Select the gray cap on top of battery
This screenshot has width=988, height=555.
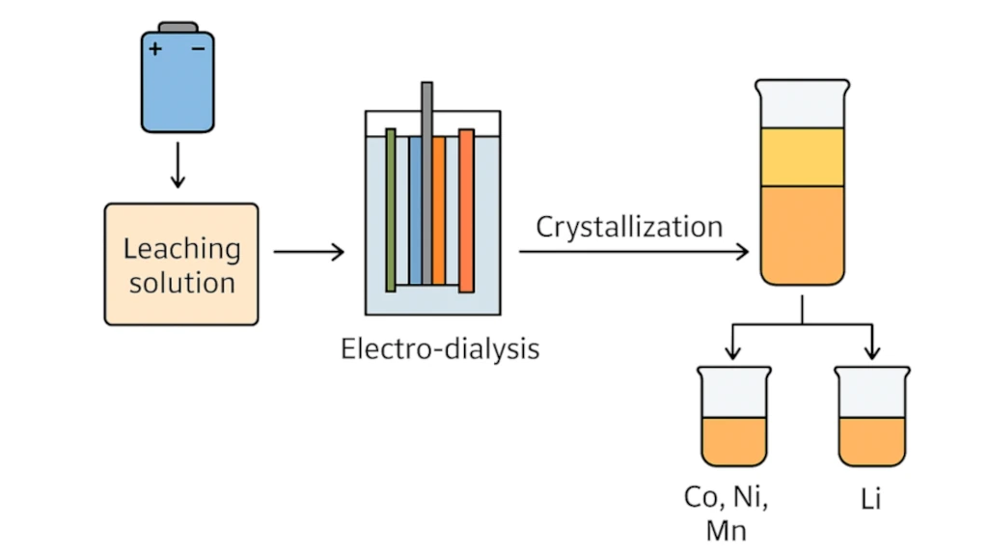click(178, 26)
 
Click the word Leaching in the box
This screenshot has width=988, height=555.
click(181, 248)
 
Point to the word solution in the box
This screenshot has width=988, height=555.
click(181, 283)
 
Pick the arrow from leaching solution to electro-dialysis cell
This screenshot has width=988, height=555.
click(309, 253)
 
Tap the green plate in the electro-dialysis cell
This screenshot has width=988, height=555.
click(391, 209)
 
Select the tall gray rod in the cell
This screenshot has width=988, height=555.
click(426, 145)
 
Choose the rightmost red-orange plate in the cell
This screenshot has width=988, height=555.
click(466, 209)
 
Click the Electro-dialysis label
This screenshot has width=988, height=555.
click(440, 347)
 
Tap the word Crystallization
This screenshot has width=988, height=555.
click(629, 227)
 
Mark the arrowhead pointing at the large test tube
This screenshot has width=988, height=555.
click(743, 253)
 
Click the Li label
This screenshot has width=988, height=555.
click(871, 499)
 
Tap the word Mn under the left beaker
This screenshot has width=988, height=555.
click(726, 530)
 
